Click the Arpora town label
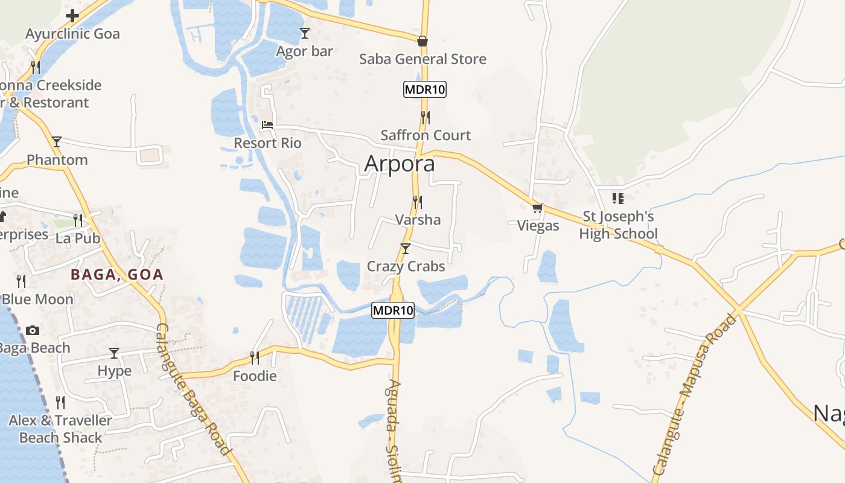tap(400, 164)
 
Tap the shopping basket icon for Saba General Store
tap(422, 41)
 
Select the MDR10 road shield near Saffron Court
tap(425, 90)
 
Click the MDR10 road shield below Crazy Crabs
tap(393, 310)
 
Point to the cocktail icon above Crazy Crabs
tap(406, 248)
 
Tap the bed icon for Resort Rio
tap(267, 125)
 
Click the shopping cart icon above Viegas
tap(537, 208)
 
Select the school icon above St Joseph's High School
tap(617, 198)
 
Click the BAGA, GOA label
tap(117, 275)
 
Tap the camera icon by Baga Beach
tap(33, 330)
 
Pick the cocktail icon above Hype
tap(114, 353)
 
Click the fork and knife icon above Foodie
tap(255, 358)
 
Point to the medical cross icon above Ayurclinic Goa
tap(72, 15)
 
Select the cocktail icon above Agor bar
tap(305, 33)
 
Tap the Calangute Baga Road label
tap(193, 389)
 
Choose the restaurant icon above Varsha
tap(417, 202)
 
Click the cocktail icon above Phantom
tap(57, 142)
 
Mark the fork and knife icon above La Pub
tap(78, 220)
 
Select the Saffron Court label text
tap(426, 135)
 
